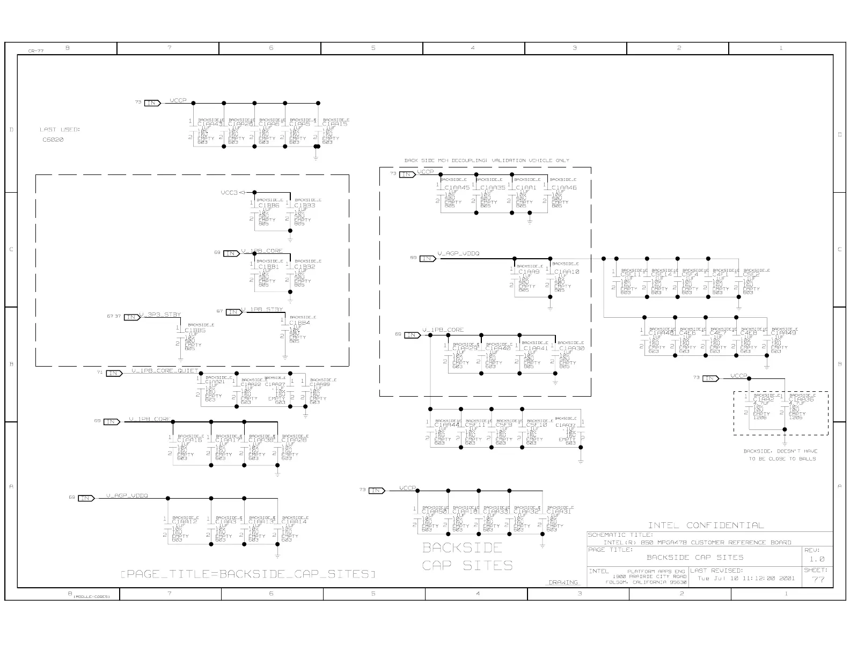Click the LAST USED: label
[60, 129]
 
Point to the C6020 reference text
[53, 140]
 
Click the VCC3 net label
[229, 192]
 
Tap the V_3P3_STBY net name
[160, 315]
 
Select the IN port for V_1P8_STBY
[233, 312]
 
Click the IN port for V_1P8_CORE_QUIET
[114, 373]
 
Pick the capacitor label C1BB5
[195, 330]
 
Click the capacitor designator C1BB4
[299, 323]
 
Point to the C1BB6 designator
[268, 206]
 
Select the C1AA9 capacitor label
[529, 272]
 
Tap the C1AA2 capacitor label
[763, 399]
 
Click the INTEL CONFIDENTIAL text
[706, 525]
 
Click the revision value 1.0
[816, 559]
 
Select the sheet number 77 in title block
[818, 579]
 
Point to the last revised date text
[746, 578]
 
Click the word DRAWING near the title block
[563, 582]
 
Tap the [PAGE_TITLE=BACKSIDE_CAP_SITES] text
[247, 574]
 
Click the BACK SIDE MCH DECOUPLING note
[487, 160]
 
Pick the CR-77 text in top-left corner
[36, 51]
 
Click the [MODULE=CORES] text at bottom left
[92, 596]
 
